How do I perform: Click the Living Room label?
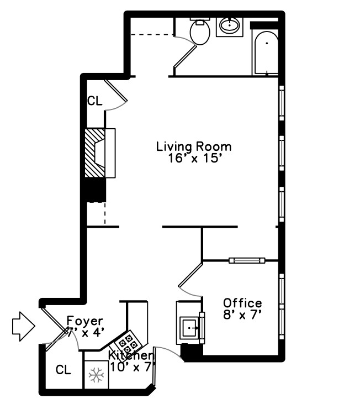point(193,147)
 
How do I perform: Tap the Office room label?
point(242,303)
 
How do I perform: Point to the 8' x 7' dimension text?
point(242,316)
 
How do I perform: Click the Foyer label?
point(84,321)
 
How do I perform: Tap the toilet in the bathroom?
point(199,32)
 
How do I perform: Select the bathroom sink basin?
point(229,25)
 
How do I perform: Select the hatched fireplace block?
point(94,153)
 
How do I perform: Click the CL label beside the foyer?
point(64,370)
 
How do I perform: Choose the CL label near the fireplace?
point(94,101)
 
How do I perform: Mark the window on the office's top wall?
point(247,260)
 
